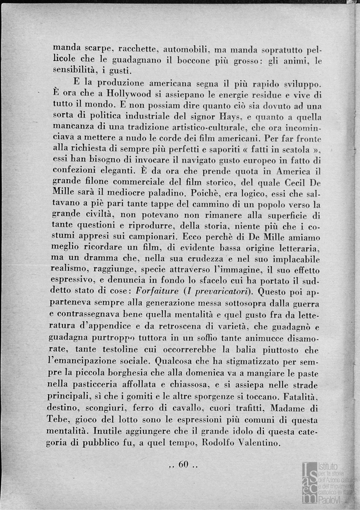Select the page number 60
pos(184,465)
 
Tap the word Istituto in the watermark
pos(329,466)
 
